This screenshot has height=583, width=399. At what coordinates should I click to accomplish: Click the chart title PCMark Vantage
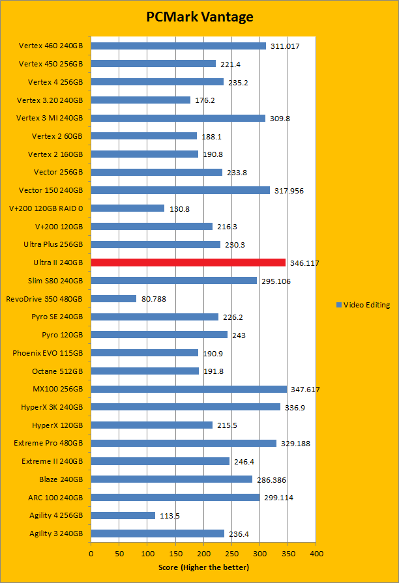pos(199,17)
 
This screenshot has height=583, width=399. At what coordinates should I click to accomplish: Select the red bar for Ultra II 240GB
pos(188,263)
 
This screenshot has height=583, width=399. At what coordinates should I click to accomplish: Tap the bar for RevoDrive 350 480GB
pos(113,299)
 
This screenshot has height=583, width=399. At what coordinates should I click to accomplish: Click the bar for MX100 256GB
pos(189,389)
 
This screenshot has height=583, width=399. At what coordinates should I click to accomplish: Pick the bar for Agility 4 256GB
pos(123,515)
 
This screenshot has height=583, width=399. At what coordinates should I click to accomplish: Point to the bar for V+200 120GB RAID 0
pos(128,208)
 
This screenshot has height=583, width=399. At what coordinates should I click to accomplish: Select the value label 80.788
pos(153,299)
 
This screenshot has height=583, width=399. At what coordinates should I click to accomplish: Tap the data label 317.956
pos(289,191)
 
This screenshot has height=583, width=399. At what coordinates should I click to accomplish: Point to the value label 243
pos(239,335)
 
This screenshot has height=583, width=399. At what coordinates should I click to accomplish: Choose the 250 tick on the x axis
pos(231,553)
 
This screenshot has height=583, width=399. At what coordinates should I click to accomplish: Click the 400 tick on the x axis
pos(316,553)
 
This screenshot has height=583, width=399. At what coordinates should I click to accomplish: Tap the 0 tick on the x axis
pos(91,553)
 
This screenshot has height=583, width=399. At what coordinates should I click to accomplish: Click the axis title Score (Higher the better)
pos(203,567)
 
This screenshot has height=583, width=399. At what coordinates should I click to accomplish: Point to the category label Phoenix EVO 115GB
pos(48,353)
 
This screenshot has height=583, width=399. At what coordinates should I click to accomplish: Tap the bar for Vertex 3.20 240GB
pos(141,100)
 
